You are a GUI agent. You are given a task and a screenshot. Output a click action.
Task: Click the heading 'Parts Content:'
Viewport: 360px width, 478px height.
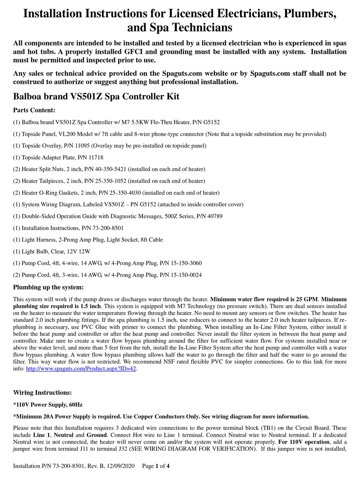(34, 110)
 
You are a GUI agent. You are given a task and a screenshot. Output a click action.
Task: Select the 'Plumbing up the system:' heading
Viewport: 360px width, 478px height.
(48, 287)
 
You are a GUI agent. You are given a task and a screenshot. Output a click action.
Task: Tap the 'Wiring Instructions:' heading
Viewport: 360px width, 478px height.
(42, 393)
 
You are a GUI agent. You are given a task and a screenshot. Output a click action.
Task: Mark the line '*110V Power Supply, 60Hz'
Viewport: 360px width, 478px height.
(48, 405)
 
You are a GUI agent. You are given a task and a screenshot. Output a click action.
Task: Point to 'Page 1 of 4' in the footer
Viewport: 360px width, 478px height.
(156, 466)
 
